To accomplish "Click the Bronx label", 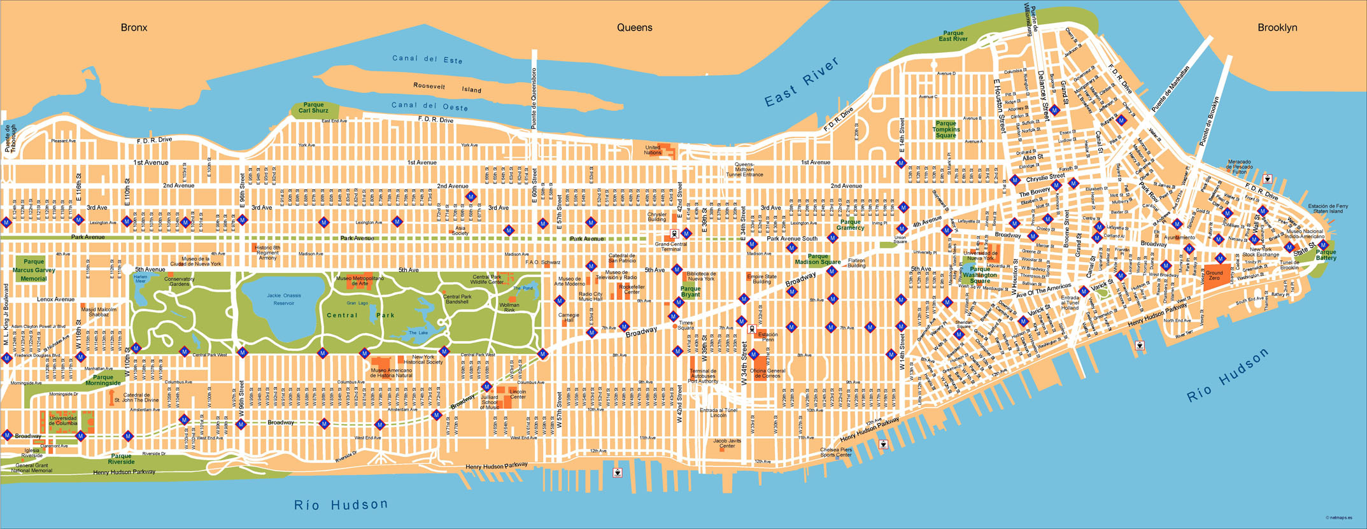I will pyautogui.click(x=134, y=27).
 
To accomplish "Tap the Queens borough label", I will pyautogui.click(x=634, y=27).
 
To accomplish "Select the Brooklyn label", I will pyautogui.click(x=1277, y=27).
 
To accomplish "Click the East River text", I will pyautogui.click(x=802, y=81).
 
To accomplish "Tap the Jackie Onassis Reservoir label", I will pyautogui.click(x=284, y=299).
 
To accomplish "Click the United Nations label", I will pyautogui.click(x=653, y=150).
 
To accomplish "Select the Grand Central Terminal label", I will pyautogui.click(x=670, y=246).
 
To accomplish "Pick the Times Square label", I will pyautogui.click(x=686, y=325).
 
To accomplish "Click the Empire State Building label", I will pyautogui.click(x=761, y=279).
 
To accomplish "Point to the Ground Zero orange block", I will pyautogui.click(x=1214, y=276).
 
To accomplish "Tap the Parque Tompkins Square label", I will pyautogui.click(x=946, y=129).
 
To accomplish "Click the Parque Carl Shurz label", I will pyautogui.click(x=313, y=108).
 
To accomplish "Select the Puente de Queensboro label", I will pyautogui.click(x=534, y=98).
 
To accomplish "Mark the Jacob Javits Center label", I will pyautogui.click(x=726, y=443).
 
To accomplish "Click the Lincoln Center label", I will pyautogui.click(x=518, y=394).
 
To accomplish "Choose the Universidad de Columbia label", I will pyautogui.click(x=63, y=421).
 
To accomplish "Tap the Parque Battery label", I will pyautogui.click(x=1326, y=255).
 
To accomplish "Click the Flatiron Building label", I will pyautogui.click(x=856, y=263).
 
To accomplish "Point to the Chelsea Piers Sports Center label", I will pyautogui.click(x=835, y=452).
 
